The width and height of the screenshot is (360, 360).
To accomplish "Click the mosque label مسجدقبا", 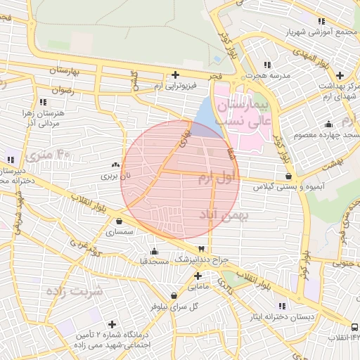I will [154, 262].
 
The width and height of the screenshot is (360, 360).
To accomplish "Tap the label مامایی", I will [198, 286].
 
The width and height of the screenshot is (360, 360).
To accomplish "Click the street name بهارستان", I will [71, 71].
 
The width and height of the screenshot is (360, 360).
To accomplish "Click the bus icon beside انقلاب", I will [354, 328].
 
